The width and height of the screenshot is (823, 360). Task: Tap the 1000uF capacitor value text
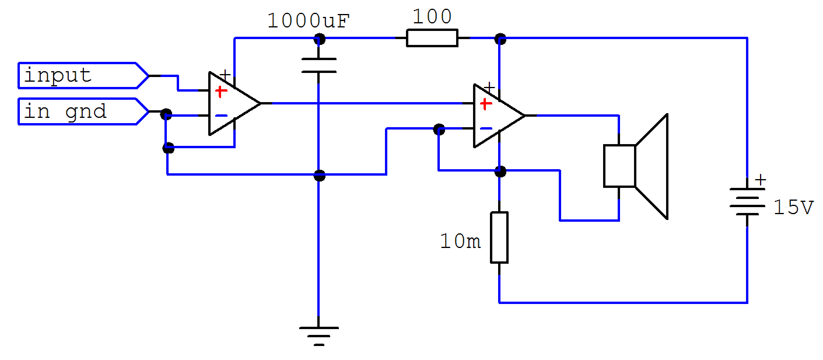[x=308, y=20]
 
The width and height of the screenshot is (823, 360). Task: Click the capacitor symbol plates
[x=318, y=65]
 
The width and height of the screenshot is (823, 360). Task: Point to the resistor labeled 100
[x=432, y=38]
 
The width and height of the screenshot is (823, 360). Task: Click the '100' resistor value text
[x=432, y=16]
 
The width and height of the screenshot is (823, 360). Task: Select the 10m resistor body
[x=499, y=237]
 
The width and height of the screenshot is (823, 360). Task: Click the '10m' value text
[x=460, y=242]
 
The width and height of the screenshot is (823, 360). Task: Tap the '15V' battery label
[x=793, y=208]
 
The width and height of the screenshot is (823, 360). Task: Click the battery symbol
[x=747, y=201]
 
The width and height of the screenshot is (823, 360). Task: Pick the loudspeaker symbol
[x=636, y=166]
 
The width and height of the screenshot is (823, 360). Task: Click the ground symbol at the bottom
[x=318, y=335]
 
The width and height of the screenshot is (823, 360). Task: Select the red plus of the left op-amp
[x=220, y=92]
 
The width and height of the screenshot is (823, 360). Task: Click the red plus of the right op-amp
[x=486, y=104]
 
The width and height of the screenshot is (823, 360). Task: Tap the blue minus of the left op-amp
[x=221, y=116]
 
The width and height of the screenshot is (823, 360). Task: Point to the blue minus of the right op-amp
[x=486, y=128]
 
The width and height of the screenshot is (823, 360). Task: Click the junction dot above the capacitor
[x=319, y=39]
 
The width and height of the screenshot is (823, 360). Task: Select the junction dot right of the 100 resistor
[x=500, y=39]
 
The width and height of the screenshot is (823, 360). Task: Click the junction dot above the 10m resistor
[x=500, y=171]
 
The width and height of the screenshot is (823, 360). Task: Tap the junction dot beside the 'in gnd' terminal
[x=166, y=114]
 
